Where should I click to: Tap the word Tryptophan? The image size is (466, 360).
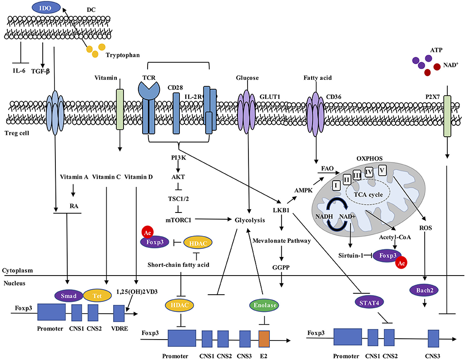click(123, 55)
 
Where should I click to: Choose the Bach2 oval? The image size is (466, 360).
click(423, 289)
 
